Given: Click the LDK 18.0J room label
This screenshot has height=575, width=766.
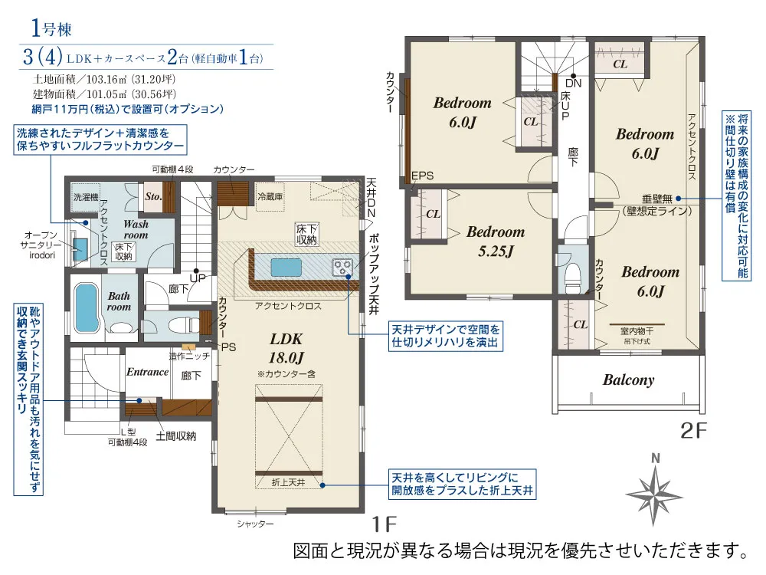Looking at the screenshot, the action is [286, 348].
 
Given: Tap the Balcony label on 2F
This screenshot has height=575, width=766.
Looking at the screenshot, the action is [628, 380].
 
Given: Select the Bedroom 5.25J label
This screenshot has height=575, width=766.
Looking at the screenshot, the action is [496, 241].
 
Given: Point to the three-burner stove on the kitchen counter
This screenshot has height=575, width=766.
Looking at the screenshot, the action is [342, 268].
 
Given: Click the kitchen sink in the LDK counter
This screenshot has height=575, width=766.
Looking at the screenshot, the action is [286, 268].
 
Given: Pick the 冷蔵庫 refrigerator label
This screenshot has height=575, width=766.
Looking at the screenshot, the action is [270, 196].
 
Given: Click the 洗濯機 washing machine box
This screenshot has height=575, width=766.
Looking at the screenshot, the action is [86, 197].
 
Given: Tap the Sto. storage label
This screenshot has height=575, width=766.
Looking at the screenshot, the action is [153, 196].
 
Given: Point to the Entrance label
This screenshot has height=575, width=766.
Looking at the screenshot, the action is [147, 372].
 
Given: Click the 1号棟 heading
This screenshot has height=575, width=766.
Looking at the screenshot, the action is [51, 28].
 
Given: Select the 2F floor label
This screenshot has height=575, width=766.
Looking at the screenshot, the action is [694, 431].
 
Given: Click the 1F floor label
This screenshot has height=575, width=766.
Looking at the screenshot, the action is [385, 524].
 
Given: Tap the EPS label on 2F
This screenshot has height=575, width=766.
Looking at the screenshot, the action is [422, 176].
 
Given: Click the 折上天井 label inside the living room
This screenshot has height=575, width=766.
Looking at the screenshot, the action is [288, 482].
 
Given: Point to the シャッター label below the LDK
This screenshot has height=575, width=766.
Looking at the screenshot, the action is [255, 524].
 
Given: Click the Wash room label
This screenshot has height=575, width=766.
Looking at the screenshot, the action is [136, 229].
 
